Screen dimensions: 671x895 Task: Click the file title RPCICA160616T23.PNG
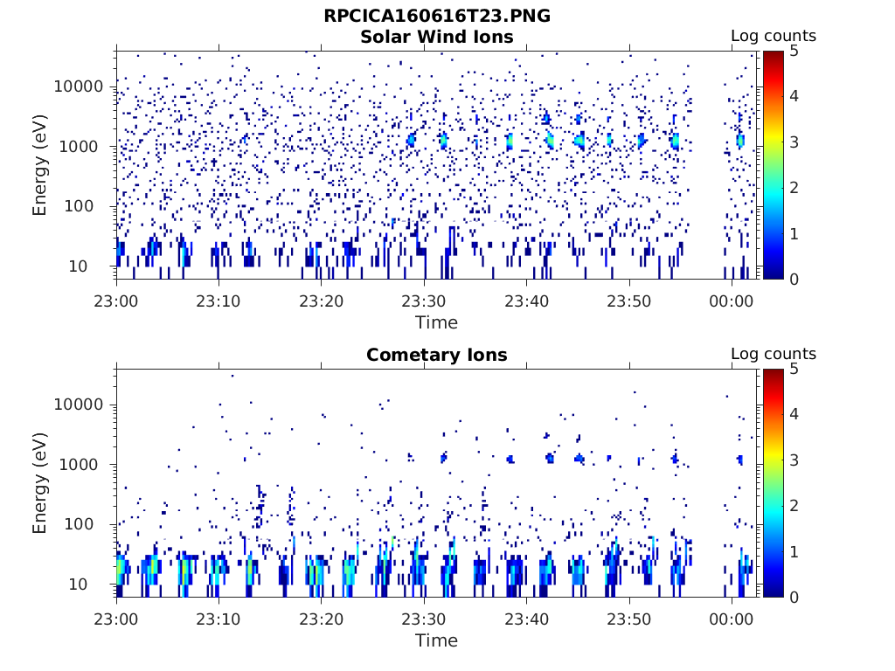pyautogui.click(x=437, y=16)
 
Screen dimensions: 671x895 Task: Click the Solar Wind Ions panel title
pyautogui.click(x=437, y=37)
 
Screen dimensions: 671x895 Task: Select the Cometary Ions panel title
pyautogui.click(x=437, y=355)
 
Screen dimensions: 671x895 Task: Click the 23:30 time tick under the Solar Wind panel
pyautogui.click(x=424, y=301)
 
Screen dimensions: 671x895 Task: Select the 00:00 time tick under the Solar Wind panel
pyautogui.click(x=732, y=301)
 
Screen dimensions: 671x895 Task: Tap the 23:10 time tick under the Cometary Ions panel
pyautogui.click(x=219, y=619)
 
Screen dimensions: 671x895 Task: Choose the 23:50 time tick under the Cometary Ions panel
pyautogui.click(x=629, y=619)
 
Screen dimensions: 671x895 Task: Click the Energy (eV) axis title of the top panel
pyautogui.click(x=40, y=164)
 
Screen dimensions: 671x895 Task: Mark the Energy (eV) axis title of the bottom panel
pyautogui.click(x=40, y=482)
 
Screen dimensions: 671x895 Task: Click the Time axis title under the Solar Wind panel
pyautogui.click(x=436, y=322)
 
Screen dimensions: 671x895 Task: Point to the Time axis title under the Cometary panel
pyautogui.click(x=436, y=640)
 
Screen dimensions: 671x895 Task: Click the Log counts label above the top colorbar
pyautogui.click(x=773, y=37)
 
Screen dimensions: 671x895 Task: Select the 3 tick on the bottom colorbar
pyautogui.click(x=794, y=460)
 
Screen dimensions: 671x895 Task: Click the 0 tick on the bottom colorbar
pyautogui.click(x=794, y=597)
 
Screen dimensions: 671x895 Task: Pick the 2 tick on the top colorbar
pyautogui.click(x=794, y=188)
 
